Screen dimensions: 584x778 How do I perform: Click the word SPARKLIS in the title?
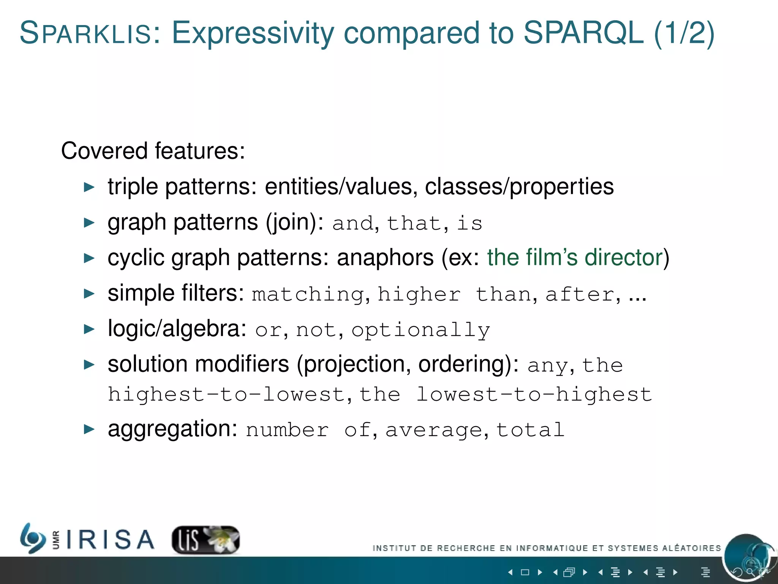tap(86, 33)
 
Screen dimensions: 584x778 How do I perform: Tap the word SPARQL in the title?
tap(583, 33)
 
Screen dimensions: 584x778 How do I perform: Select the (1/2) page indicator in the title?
tap(684, 33)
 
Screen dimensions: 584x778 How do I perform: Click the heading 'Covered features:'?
tap(153, 151)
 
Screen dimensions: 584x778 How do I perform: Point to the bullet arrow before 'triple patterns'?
tap(89, 187)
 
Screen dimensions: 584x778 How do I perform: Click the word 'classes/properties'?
tap(519, 187)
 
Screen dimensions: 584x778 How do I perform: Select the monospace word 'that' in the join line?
tap(414, 223)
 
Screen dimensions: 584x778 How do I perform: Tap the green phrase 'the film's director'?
tap(575, 257)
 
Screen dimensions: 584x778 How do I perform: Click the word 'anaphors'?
tap(385, 257)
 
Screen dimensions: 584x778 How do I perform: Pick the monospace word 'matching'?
tap(308, 295)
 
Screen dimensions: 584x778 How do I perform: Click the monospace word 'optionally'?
tap(421, 330)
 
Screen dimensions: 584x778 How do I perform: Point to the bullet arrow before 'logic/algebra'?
tap(89, 329)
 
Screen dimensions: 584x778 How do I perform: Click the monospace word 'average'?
tap(433, 430)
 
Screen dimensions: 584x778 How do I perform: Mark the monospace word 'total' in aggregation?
tap(530, 430)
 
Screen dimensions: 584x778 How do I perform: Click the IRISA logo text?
tap(110, 540)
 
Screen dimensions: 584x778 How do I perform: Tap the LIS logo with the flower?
tap(206, 540)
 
